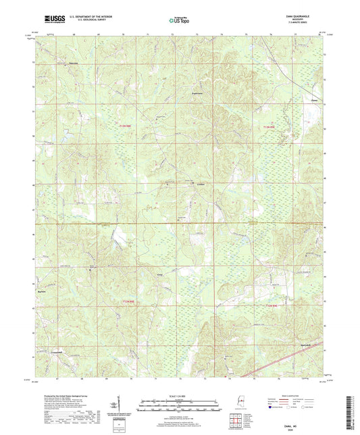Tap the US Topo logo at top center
click(179, 21)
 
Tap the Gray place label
click(160, 276)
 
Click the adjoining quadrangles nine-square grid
click(236, 418)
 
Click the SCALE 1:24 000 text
click(179, 394)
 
